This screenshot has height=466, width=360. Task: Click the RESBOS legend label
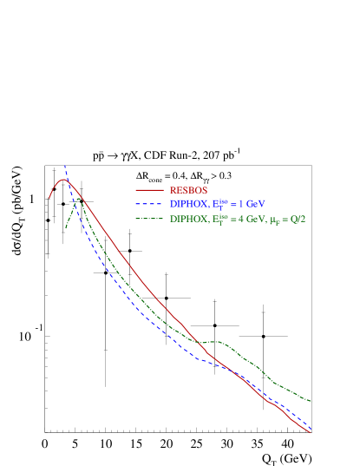point(188,190)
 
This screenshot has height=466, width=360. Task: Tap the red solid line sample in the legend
point(149,190)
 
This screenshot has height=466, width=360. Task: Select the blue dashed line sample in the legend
point(149,204)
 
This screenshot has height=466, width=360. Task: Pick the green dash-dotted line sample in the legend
point(149,219)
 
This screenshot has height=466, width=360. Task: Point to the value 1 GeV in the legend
point(251,204)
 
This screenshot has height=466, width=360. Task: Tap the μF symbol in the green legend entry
point(275,220)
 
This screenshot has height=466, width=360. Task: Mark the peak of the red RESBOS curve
point(62,180)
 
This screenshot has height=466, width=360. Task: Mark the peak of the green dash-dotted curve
point(79,199)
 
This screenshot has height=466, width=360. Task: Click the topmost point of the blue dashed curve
point(64,164)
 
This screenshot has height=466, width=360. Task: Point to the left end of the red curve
point(49,199)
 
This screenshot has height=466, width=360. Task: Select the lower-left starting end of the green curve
point(66,228)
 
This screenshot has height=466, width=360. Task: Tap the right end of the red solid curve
point(311,431)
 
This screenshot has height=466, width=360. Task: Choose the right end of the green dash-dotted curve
point(311,401)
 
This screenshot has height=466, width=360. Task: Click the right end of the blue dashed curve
point(311,426)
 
